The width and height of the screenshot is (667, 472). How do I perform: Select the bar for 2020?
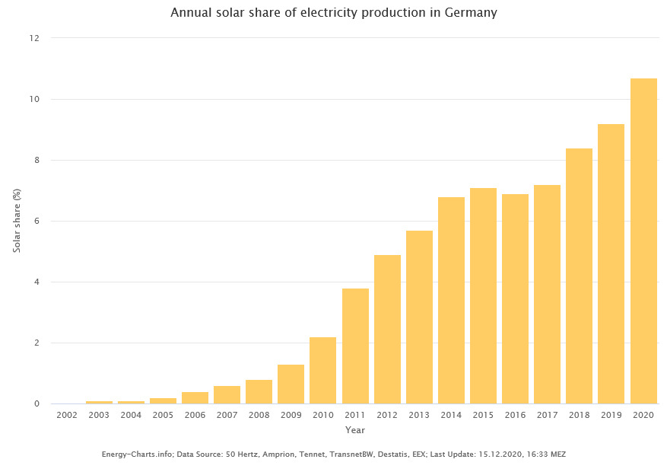coord(643,241)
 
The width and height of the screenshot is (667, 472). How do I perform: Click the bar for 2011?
coord(355,346)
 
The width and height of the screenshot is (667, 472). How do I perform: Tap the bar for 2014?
coord(451,300)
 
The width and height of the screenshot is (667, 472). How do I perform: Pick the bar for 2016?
coord(515,298)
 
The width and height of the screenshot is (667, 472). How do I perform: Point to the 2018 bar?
coord(579,276)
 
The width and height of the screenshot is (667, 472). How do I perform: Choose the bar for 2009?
coord(291,384)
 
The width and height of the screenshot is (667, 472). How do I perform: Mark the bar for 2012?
coord(387,329)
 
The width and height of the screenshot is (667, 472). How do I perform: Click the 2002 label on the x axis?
coord(67,415)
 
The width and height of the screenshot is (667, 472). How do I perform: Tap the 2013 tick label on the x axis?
coord(419,415)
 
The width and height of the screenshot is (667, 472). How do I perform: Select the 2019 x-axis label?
coord(611,415)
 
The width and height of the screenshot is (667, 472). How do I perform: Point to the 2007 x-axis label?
coord(227,415)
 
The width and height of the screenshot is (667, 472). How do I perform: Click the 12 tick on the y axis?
coord(34,38)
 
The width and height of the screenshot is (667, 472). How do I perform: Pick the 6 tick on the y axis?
coord(37,221)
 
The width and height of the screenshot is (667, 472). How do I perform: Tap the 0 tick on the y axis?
coord(37,403)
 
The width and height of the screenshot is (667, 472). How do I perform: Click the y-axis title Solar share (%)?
coord(16,221)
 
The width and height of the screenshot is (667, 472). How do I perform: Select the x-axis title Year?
coord(355,430)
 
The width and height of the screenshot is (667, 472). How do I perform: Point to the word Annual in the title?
coord(191,13)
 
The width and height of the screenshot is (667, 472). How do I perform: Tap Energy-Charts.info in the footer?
coord(134,454)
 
